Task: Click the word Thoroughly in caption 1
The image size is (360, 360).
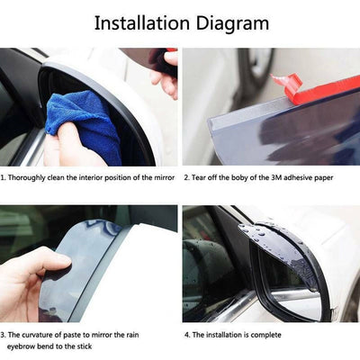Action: (30, 177)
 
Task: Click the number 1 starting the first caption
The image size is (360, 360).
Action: (3, 177)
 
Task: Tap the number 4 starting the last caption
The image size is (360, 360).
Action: (187, 334)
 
